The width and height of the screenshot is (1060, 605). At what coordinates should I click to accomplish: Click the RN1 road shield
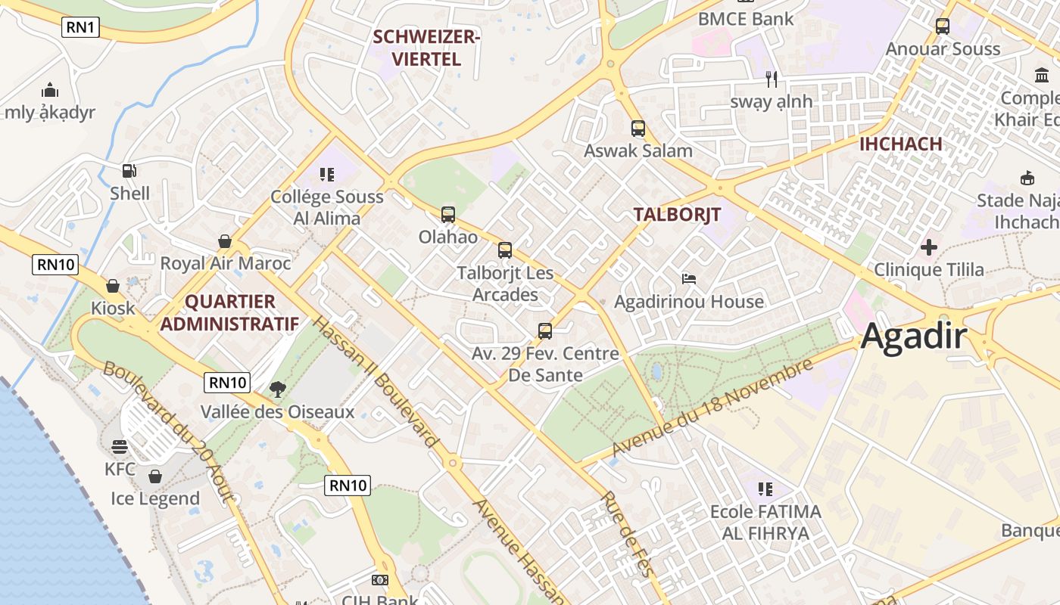coord(81,28)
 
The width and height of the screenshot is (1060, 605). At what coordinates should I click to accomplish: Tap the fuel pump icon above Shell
coord(129,172)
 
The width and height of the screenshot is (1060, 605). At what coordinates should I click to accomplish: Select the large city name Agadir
coord(914,336)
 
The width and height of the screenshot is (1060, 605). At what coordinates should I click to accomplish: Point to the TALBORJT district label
coord(677,214)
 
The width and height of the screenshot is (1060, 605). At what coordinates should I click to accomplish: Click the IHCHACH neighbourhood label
coord(901,144)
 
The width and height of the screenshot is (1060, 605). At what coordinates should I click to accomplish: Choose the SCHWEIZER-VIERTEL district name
coord(426,48)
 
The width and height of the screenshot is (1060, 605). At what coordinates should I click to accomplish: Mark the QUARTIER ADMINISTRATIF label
coord(230,312)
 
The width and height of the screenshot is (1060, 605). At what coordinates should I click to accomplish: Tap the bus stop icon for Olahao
coord(448,215)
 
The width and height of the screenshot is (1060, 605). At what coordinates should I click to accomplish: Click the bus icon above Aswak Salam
coord(638,129)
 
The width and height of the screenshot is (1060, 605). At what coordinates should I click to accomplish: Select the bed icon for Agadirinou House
coord(689,279)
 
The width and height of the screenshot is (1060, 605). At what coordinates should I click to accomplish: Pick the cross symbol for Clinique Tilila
coord(929,247)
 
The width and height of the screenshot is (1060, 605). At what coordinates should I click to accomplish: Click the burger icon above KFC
coord(120,447)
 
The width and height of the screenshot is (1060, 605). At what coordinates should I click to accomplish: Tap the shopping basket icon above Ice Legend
coord(155,476)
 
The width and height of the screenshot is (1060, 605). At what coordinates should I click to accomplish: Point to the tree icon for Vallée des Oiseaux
coord(278,389)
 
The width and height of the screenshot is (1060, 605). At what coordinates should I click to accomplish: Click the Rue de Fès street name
coord(627,534)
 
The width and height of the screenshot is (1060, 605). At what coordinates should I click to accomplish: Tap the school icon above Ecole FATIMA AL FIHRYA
coord(765,489)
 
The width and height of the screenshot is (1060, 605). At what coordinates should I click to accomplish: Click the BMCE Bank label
coord(746,19)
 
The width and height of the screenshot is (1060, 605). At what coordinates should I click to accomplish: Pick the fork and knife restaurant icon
coord(772,79)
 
